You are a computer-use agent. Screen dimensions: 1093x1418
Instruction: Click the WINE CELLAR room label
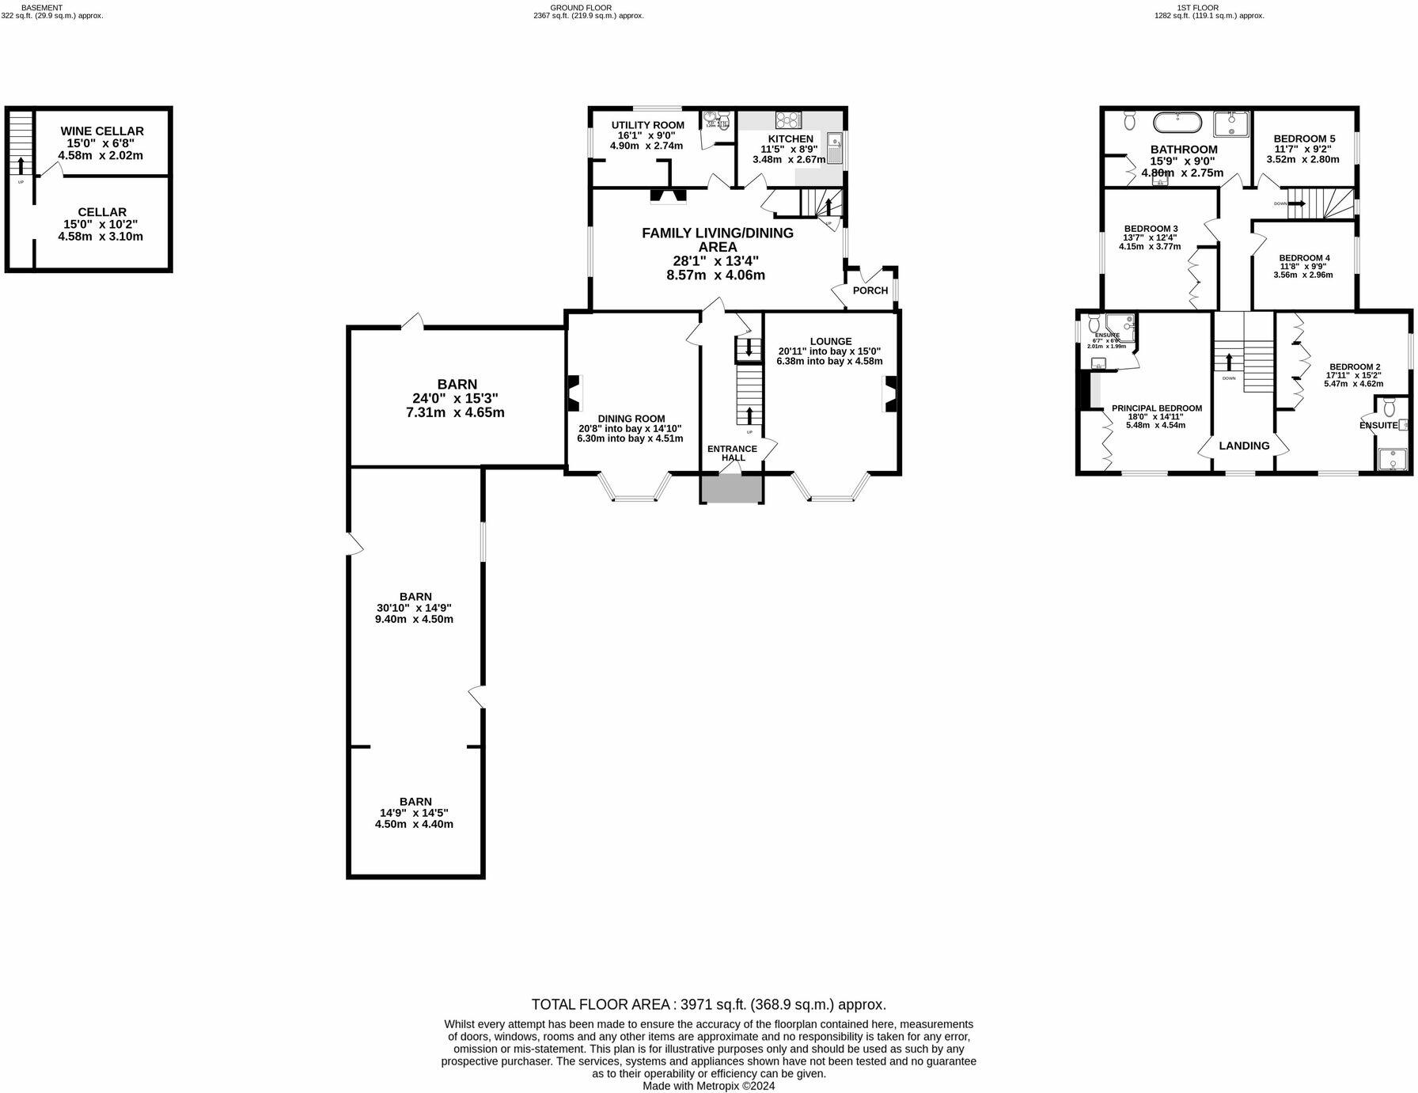point(102,131)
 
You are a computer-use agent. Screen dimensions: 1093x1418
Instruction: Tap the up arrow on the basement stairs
point(21,165)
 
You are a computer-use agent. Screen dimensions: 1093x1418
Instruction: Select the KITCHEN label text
point(791,139)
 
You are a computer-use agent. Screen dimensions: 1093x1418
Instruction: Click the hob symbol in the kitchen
point(788,120)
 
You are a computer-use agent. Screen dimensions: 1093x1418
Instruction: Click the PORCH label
point(870,290)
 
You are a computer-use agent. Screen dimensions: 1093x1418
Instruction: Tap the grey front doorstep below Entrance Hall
point(732,489)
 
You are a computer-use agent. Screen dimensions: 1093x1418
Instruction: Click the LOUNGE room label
point(830,341)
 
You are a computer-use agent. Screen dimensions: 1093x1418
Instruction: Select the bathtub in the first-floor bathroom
point(1177,123)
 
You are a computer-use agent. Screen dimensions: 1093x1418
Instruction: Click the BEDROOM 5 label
point(1304,139)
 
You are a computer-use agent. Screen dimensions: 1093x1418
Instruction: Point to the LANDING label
point(1244,446)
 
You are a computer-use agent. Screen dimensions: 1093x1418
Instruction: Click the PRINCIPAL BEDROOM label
point(1156,408)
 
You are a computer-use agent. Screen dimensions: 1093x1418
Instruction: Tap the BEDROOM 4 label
point(1304,258)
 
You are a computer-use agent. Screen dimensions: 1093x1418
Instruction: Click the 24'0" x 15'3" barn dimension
point(455,398)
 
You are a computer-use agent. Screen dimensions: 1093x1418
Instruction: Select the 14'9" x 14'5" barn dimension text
point(415,813)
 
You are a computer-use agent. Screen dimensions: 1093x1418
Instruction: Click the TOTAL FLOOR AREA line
point(708,1004)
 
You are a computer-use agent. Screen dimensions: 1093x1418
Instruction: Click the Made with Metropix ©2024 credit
point(708,1086)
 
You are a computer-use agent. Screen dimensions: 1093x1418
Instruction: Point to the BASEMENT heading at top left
point(41,7)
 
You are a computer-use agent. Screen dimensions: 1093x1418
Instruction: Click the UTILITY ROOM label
point(647,125)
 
